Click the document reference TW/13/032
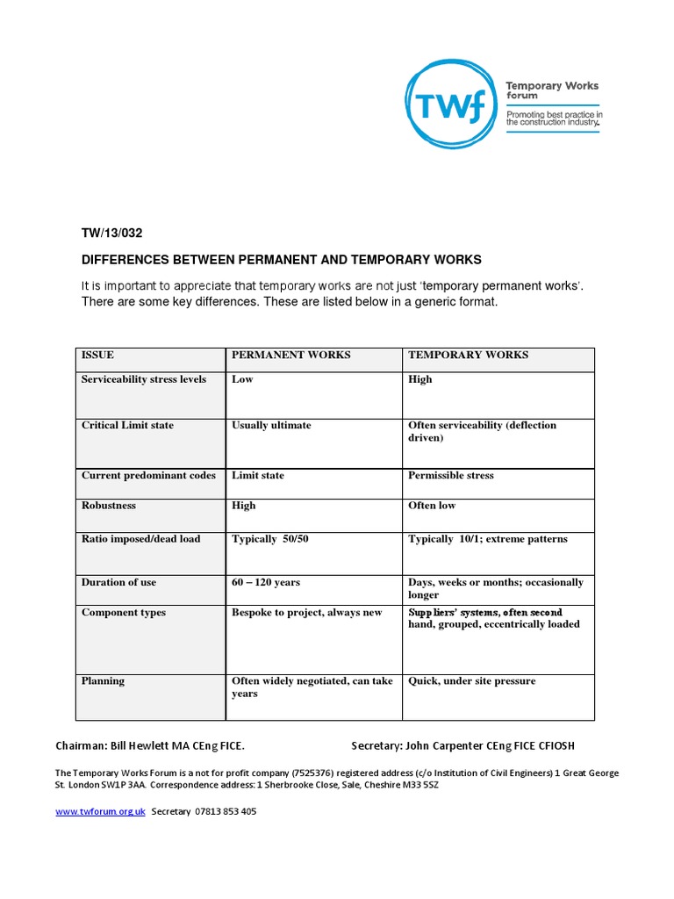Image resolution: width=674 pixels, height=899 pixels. tap(111, 234)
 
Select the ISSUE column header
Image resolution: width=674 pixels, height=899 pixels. tap(97, 356)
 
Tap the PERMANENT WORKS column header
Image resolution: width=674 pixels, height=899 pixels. tap(290, 356)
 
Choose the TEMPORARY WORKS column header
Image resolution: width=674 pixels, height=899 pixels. tap(468, 356)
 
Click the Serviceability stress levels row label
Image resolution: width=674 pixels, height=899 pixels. tap(144, 380)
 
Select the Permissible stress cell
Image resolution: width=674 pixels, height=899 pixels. tap(450, 476)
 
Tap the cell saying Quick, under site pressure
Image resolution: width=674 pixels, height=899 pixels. tap(471, 681)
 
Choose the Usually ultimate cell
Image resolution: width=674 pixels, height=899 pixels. tap(271, 426)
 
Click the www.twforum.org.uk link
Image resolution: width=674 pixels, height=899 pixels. tap(100, 812)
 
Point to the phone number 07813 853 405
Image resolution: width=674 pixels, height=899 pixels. tap(225, 812)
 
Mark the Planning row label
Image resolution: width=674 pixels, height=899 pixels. tap(103, 681)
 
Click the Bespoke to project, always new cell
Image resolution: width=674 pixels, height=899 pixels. tap(306, 613)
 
